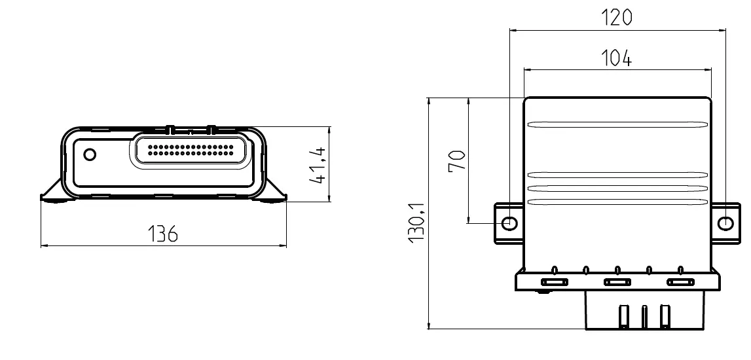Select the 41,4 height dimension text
[x=320, y=165]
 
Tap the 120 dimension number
[x=617, y=18]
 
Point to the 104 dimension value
[x=617, y=58]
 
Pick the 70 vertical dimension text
[x=458, y=159]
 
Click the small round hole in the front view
[x=90, y=155]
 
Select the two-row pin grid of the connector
[x=191, y=150]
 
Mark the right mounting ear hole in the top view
[x=725, y=223]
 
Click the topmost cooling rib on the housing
[x=617, y=124]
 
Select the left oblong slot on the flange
[x=554, y=283]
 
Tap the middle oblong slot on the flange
[x=617, y=283]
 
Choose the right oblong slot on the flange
[x=680, y=283]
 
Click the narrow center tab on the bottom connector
[x=645, y=317]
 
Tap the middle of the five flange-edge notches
[x=617, y=269]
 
